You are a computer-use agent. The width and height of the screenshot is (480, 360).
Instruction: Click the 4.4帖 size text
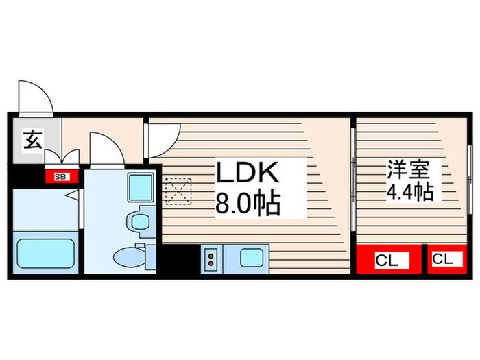(x=409, y=192)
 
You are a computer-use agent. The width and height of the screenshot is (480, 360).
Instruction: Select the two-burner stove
(x=211, y=259)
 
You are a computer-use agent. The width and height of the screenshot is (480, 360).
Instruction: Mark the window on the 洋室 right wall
(x=470, y=178)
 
